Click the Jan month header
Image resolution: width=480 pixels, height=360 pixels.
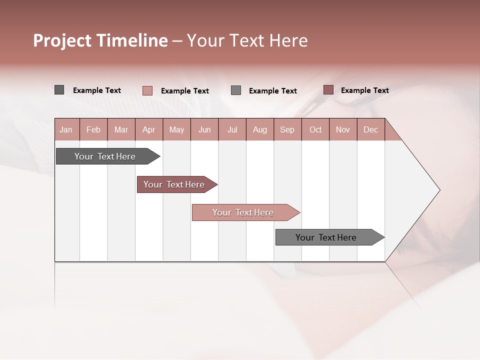66,130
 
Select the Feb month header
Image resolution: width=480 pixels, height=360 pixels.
93,130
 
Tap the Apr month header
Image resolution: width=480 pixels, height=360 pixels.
148,130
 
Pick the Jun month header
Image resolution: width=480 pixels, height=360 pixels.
204,130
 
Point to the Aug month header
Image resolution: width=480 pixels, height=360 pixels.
259,130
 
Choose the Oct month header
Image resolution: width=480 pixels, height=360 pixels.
315,130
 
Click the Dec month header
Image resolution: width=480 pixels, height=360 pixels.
370,130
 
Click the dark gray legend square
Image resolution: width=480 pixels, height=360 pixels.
59,90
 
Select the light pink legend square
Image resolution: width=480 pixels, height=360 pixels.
147,90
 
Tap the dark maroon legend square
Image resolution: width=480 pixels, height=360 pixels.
328,90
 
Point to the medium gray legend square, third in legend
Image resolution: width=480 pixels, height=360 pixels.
236,90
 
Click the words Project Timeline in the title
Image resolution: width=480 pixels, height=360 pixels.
100,40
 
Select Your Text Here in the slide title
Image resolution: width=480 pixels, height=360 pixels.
247,40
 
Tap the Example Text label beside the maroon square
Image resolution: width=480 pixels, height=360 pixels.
364,90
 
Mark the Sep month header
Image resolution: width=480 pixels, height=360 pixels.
287,130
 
